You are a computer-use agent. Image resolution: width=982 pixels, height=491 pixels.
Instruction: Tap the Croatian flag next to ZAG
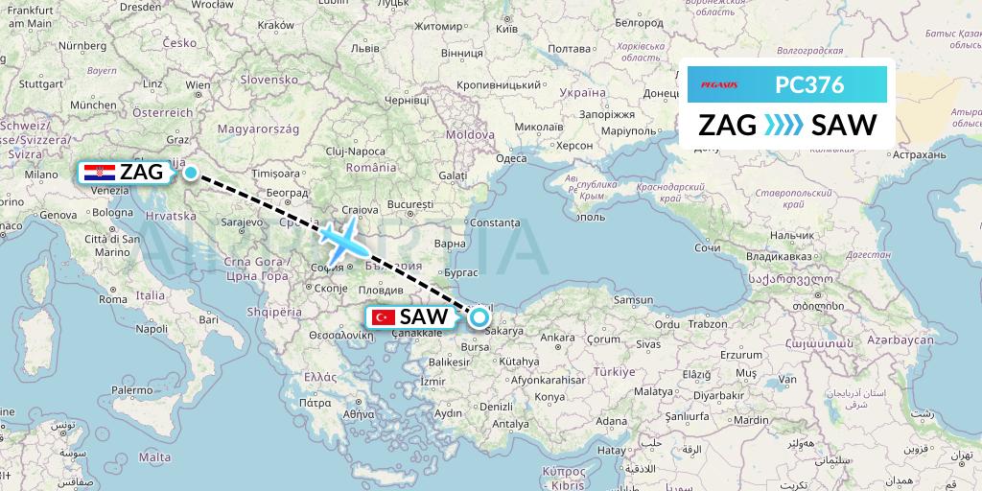tap(100, 173)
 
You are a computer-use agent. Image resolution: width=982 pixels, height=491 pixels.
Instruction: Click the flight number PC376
tap(809, 85)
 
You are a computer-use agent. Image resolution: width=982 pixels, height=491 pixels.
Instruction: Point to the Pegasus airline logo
tap(713, 85)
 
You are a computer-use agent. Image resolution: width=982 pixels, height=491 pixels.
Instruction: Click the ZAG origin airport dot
tap(191, 173)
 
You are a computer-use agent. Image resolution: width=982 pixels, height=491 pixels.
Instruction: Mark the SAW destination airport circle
tap(479, 317)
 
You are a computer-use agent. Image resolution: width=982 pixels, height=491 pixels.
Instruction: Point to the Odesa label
tap(511, 158)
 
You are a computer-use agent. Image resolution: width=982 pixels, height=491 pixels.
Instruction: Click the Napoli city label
tap(152, 328)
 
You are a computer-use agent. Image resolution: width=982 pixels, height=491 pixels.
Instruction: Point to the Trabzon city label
tap(707, 323)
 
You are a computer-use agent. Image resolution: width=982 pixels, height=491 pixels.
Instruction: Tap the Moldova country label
tap(469, 134)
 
